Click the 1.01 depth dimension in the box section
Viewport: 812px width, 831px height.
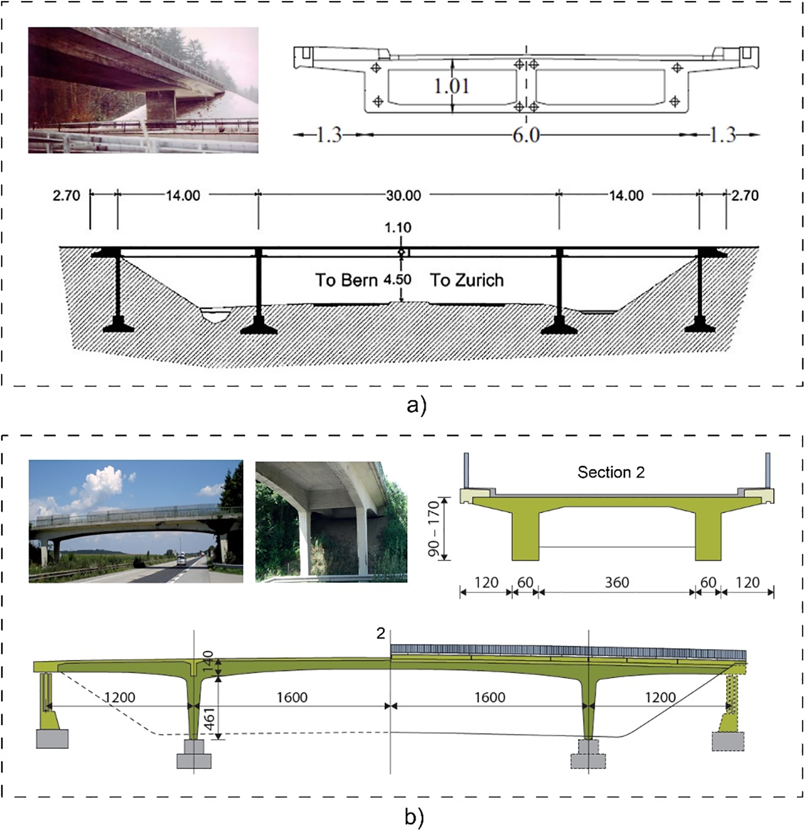point(451,86)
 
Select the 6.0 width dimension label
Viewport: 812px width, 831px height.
point(526,136)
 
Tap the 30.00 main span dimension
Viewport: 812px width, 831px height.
point(403,195)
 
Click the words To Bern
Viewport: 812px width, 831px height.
point(347,280)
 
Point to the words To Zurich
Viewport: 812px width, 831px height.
point(467,280)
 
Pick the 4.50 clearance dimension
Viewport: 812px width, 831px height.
point(397,280)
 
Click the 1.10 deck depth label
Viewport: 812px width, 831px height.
point(398,228)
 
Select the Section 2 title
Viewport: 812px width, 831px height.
point(611,472)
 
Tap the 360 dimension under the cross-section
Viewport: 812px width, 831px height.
point(617,583)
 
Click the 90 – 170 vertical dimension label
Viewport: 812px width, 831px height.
point(434,528)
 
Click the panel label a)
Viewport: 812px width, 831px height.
point(416,405)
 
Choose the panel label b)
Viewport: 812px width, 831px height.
point(414,817)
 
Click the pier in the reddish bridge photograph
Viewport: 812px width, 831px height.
point(160,107)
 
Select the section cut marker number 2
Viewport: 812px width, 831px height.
point(380,634)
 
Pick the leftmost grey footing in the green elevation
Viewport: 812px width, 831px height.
point(52,738)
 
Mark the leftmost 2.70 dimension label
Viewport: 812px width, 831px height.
point(66,195)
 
